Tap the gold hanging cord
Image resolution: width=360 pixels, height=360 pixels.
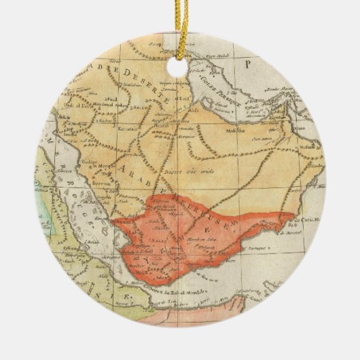click(179, 24)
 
